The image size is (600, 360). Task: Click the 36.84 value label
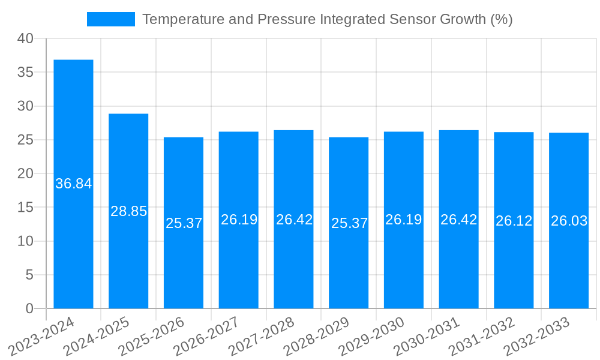coord(73,184)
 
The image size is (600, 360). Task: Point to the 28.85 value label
coord(128,211)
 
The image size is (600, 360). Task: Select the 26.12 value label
coord(514,221)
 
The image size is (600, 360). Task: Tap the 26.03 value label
coord(569,221)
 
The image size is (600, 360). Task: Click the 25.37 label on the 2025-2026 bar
coord(184,223)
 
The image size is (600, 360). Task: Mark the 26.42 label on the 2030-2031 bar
coord(458,220)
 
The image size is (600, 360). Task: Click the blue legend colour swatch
coord(111,19)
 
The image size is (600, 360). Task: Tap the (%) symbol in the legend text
coord(501,19)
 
